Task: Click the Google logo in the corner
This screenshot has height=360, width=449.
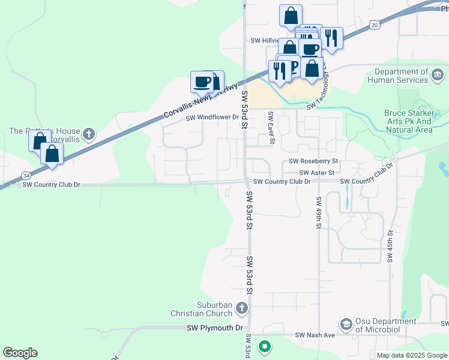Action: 20,353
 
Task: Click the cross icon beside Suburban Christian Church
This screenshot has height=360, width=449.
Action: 242,309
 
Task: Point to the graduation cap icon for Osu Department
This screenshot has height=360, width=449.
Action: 346,325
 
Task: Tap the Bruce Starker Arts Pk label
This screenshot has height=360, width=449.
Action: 408,121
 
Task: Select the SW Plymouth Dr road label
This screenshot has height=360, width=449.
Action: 214,328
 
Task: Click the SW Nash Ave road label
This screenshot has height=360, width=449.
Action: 315,335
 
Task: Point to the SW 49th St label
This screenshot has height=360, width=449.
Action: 319,212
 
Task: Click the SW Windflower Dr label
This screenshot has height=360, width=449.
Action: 212,118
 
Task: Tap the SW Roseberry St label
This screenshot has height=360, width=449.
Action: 313,161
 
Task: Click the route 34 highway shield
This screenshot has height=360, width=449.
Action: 26,175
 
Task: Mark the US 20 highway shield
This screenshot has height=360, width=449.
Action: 375,25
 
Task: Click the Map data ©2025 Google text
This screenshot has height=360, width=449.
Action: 412,355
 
